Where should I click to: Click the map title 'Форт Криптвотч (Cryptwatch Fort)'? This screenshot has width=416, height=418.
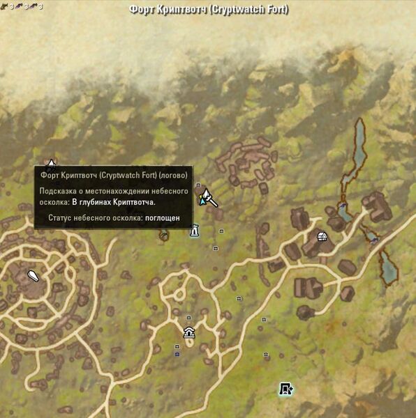pos(208,10)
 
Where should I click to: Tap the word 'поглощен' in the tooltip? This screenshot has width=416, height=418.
pos(162,218)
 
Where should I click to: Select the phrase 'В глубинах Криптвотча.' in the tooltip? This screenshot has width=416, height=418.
pos(114,202)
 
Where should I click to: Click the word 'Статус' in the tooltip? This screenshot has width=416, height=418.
pos(61,218)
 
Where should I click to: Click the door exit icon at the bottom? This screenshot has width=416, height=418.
pos(285,389)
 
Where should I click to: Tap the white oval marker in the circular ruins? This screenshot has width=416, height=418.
pos(33,276)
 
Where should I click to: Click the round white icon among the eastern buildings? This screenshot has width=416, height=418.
pos(322,237)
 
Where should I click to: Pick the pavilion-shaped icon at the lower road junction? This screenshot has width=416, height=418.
pos(189,332)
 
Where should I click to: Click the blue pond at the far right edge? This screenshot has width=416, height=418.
pos(386,267)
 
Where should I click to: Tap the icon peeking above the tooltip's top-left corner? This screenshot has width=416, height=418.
pos(51,164)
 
